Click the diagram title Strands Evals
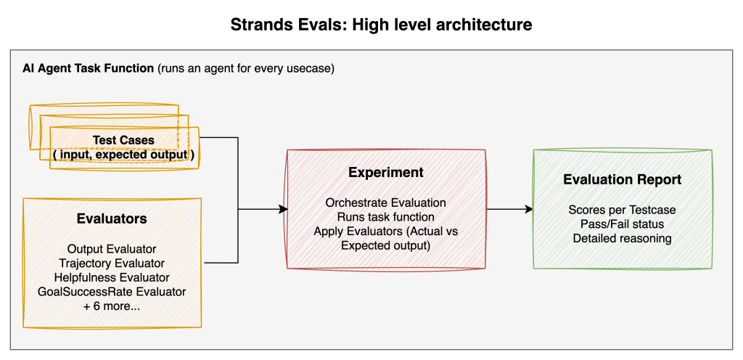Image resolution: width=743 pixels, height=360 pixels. [x=381, y=25]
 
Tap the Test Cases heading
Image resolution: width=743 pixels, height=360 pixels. [x=123, y=140]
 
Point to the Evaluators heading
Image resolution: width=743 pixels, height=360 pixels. [x=112, y=218]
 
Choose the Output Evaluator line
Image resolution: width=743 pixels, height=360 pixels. [x=112, y=249]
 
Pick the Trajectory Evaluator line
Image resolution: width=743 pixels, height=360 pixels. [x=112, y=263]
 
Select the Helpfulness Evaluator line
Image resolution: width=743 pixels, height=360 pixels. [x=112, y=277]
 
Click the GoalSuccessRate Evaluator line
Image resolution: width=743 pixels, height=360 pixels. [x=112, y=292]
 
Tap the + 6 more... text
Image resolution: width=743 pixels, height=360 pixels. [x=112, y=306]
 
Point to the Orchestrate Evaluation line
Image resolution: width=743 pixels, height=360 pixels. [x=385, y=202]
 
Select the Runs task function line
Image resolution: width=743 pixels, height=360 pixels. [x=385, y=217]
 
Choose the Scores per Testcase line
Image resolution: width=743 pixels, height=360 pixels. [x=622, y=210]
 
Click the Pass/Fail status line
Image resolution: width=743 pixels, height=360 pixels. [x=622, y=224]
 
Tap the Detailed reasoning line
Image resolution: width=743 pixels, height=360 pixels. [x=622, y=238]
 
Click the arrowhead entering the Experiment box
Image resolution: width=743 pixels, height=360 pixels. [x=283, y=210]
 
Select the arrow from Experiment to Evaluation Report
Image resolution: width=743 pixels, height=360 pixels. [x=509, y=210]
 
